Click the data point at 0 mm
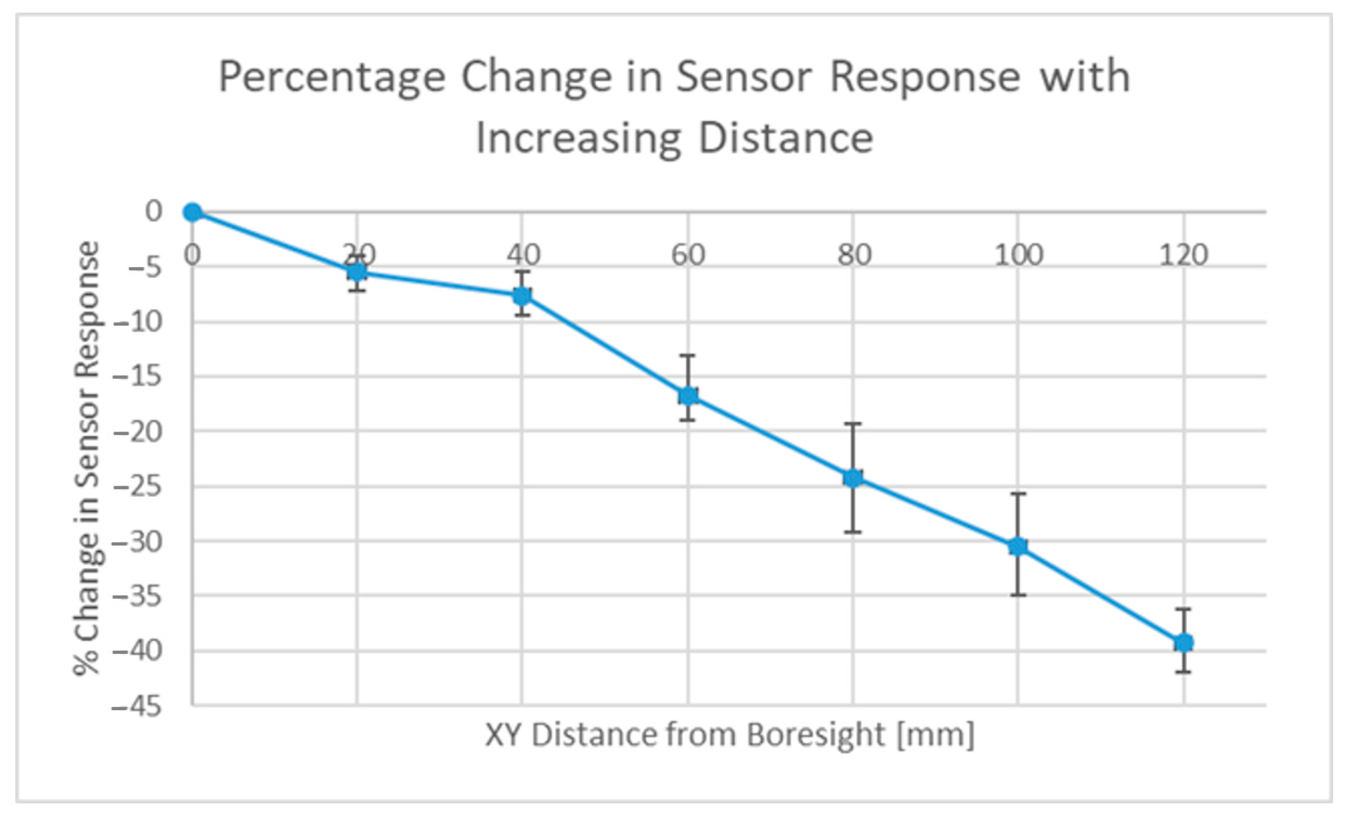(192, 212)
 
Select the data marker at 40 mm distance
(522, 296)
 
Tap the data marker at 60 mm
(688, 395)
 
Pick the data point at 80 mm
(853, 478)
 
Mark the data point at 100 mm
(1018, 546)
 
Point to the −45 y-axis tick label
(137, 707)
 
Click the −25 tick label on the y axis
(137, 487)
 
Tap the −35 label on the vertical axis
(137, 597)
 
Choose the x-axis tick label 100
(1019, 255)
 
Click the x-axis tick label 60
(688, 255)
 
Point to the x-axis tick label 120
(1184, 255)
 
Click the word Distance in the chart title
(786, 138)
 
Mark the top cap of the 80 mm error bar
(853, 424)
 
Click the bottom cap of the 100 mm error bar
(1018, 595)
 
